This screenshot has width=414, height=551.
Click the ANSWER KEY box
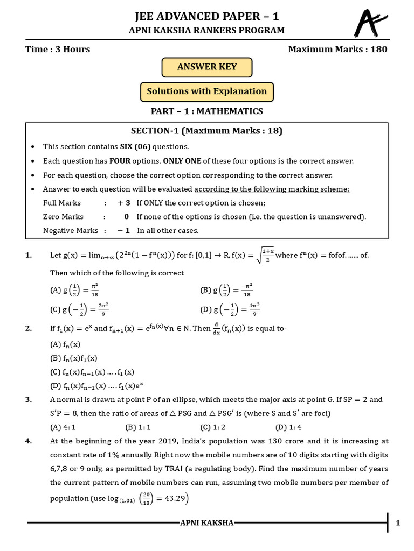pos(207,67)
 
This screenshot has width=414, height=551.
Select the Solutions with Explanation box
pos(207,91)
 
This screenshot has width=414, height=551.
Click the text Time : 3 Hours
pos(58,50)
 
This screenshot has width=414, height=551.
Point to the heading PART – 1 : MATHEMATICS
pos(207,111)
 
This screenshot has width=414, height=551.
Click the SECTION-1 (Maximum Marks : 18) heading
pos(207,131)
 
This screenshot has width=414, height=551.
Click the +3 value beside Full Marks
pos(125,203)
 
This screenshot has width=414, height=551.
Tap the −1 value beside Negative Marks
pos(125,230)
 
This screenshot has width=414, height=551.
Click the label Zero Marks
pos(63,216)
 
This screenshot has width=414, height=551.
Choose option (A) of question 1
pos(75,291)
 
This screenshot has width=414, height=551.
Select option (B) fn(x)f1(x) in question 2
pos(73,358)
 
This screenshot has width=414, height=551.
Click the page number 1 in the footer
pos(398,522)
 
